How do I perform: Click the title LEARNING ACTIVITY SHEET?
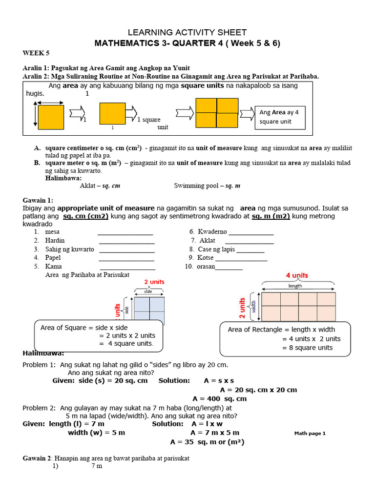click(187, 32)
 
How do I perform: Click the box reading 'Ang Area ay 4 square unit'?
click(280, 117)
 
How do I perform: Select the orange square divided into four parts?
click(217, 113)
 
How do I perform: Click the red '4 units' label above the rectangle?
click(297, 275)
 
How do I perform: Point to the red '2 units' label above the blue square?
click(154, 282)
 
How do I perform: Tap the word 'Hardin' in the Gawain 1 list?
click(55, 240)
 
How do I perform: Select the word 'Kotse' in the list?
click(206, 257)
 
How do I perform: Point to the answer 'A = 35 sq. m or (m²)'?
click(207, 442)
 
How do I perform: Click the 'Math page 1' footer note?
click(310, 433)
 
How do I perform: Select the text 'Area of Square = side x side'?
click(84, 327)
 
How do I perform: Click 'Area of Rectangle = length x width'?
click(281, 330)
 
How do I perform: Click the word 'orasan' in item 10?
click(206, 266)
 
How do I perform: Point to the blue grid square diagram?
click(149, 311)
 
